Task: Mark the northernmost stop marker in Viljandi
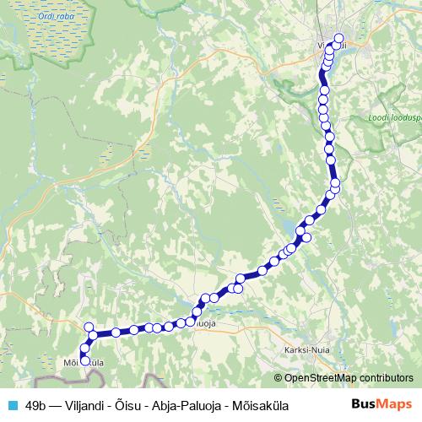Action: point(339,37)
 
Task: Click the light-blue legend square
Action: point(12,404)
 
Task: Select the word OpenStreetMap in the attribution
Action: point(321,378)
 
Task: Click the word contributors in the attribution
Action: point(385,378)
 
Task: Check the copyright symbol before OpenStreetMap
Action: point(279,378)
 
